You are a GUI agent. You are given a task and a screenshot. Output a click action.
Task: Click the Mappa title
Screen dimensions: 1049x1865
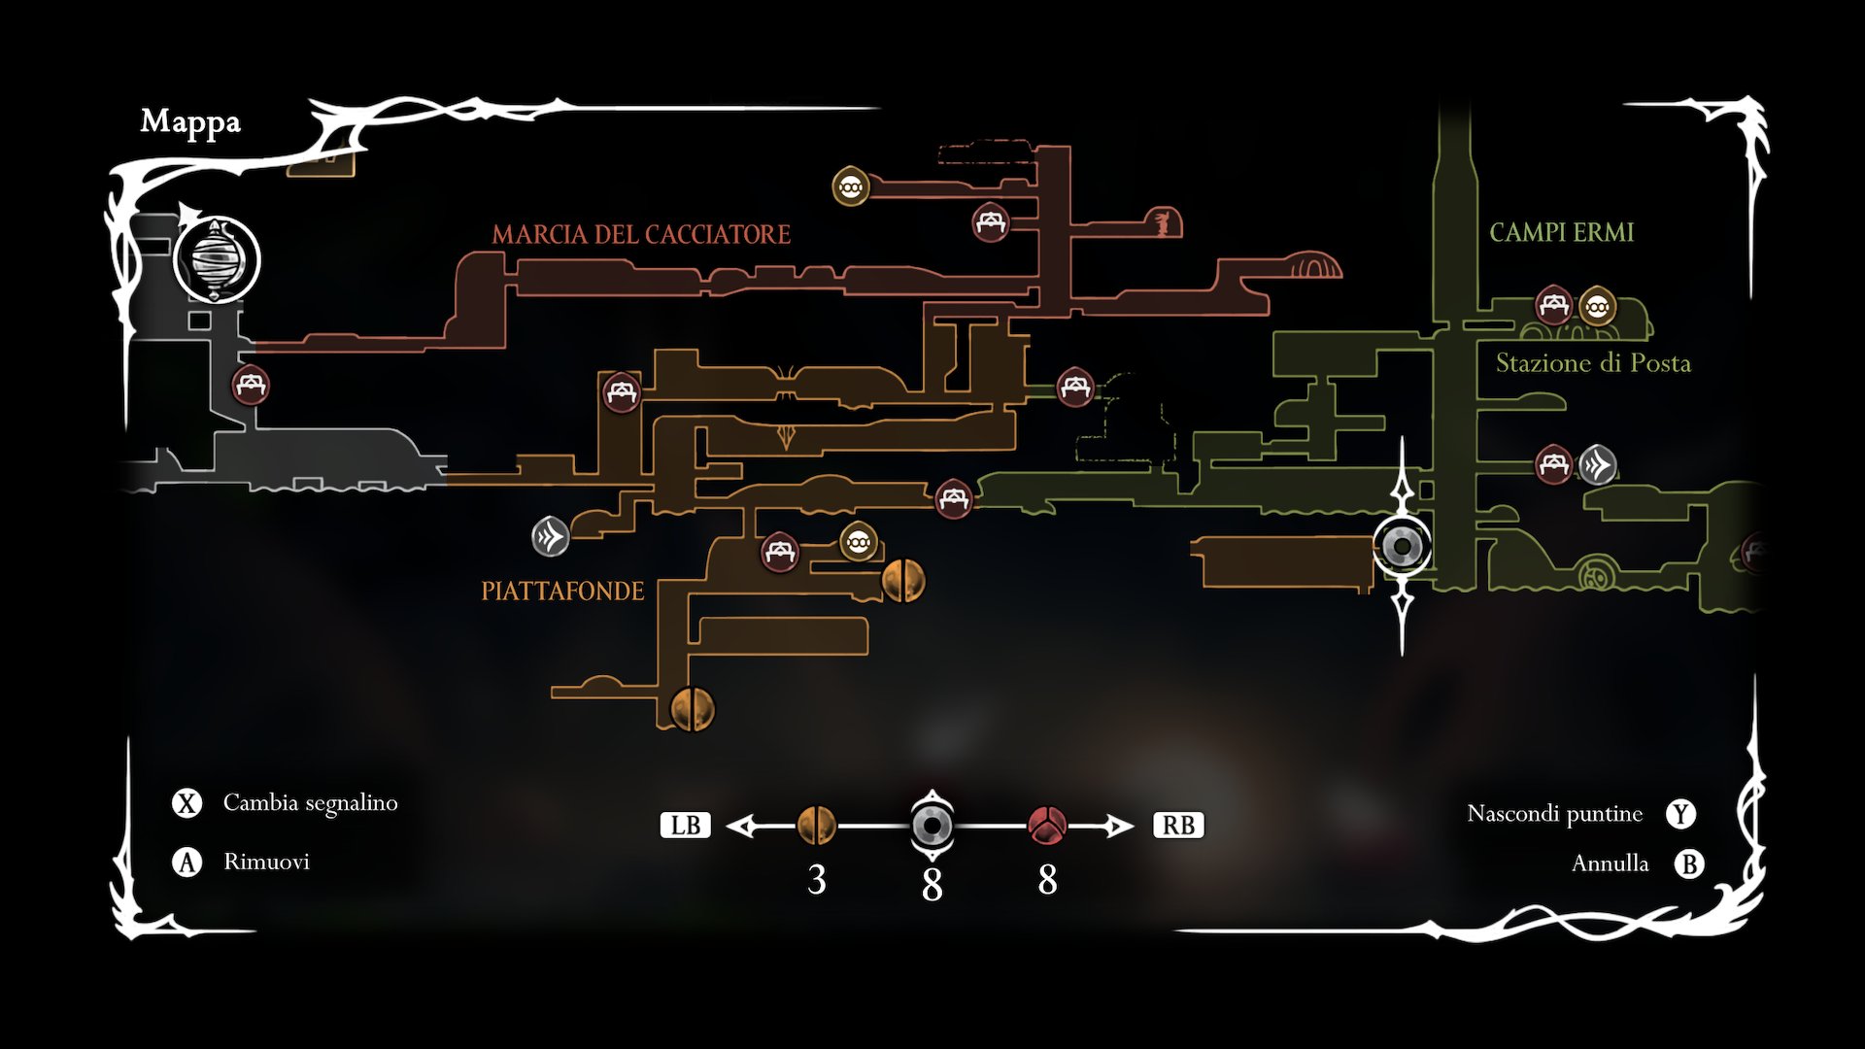190,122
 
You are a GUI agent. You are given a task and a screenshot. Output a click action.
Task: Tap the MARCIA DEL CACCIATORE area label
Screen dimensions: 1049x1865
641,235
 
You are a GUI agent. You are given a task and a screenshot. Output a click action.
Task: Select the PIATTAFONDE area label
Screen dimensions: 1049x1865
562,592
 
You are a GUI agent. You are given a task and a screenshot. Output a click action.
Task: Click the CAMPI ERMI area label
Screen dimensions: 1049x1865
1561,233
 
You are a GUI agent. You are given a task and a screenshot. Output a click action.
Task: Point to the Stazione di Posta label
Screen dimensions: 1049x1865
1593,363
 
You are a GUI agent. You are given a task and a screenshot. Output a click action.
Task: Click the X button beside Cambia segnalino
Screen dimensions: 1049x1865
186,803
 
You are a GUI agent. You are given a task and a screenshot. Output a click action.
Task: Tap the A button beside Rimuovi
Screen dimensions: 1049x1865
186,863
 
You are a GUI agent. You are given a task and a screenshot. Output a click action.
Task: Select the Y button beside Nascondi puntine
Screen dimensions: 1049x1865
1681,814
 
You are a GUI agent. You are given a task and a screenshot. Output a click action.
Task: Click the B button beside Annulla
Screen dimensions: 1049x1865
1689,864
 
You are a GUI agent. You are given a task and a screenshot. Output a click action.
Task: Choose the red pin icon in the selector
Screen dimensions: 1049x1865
1047,826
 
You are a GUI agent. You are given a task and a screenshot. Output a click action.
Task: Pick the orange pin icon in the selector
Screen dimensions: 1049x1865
816,826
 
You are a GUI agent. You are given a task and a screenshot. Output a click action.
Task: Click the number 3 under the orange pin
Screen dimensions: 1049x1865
816,880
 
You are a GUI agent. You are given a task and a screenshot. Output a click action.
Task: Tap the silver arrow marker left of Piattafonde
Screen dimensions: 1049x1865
550,536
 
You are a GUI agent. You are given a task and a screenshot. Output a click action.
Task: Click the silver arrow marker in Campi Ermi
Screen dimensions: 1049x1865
1597,464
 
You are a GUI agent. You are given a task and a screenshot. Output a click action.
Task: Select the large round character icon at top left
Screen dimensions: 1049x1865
216,260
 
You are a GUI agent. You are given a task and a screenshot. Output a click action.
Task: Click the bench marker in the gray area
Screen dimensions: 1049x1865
251,385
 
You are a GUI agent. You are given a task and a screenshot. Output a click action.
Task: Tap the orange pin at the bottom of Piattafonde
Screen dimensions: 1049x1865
693,708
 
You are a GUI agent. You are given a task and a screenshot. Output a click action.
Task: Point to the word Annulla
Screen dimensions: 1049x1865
1610,863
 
